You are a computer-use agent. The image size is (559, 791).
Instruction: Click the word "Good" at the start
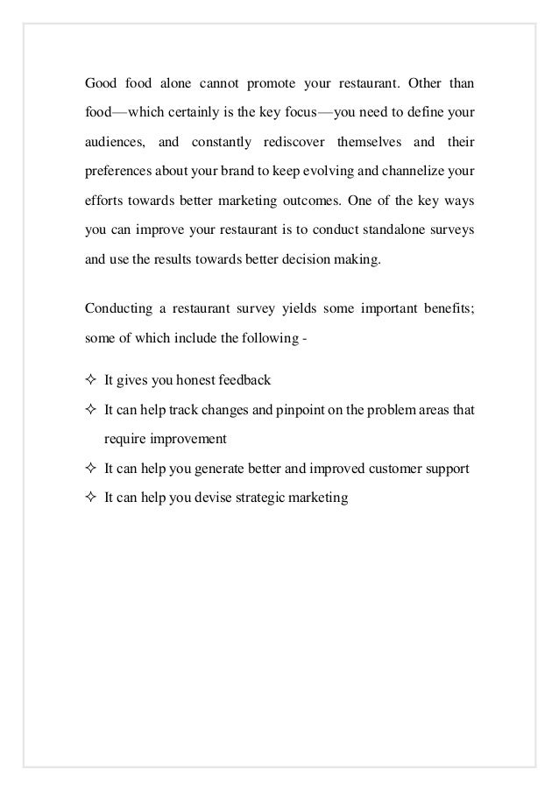pyautogui.click(x=101, y=86)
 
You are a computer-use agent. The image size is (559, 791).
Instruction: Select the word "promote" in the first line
pyautogui.click(x=273, y=86)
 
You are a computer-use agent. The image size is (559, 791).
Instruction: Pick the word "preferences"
pyautogui.click(x=119, y=170)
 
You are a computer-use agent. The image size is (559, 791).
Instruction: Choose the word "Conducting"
pyautogui.click(x=118, y=307)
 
